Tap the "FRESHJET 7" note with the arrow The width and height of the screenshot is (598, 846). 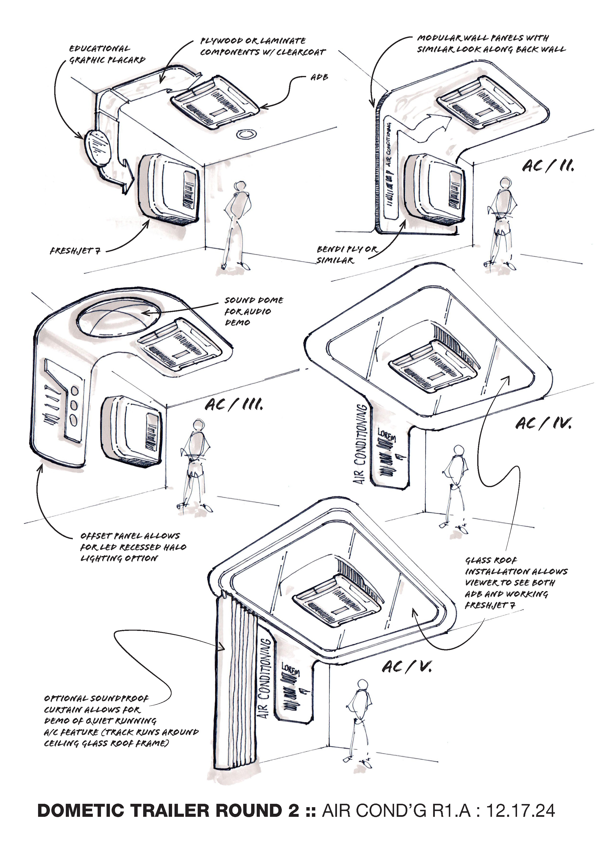pos(75,251)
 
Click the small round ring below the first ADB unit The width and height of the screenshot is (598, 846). pos(245,134)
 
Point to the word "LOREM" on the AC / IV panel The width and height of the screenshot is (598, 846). pos(386,436)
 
